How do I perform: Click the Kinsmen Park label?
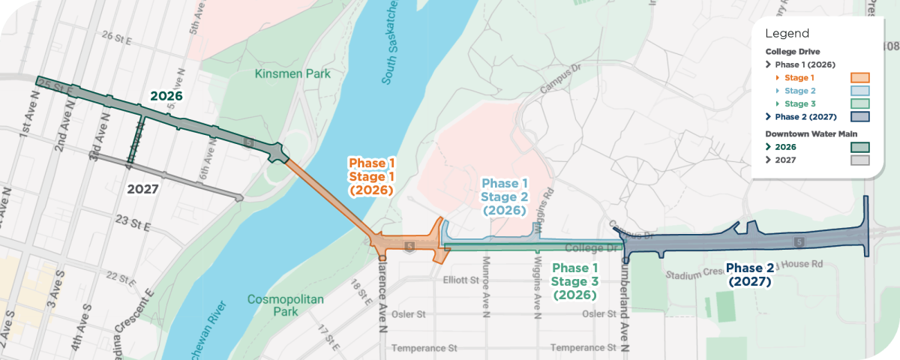coord(292,74)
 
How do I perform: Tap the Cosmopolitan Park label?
coord(286,305)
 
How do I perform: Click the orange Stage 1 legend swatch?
coord(859,77)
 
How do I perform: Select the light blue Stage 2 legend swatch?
coord(859,91)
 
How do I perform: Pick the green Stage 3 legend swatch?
coord(859,103)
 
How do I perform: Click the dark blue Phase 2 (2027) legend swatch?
coord(859,117)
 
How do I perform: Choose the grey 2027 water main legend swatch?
coord(859,160)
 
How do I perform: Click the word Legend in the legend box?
coord(787,34)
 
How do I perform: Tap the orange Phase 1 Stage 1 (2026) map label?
coord(371,176)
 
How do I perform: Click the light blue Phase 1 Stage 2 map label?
coord(505,196)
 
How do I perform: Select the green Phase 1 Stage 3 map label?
coord(574,281)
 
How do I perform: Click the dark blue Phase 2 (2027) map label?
coord(749,274)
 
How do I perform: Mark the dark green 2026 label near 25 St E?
coord(166,96)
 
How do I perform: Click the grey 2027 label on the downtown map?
coord(142,189)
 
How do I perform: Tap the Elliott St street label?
coord(460,280)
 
